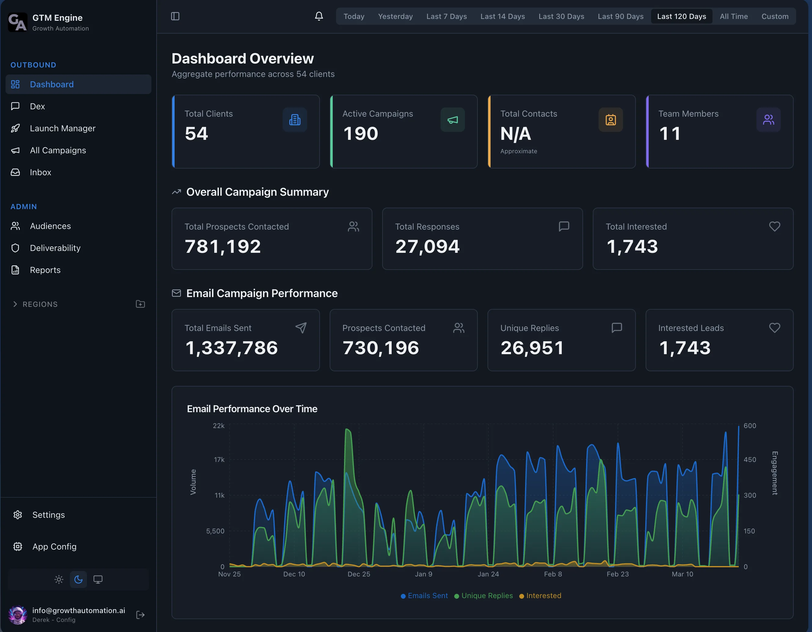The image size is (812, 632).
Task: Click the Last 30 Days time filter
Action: pyautogui.click(x=561, y=16)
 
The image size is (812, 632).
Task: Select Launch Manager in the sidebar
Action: pyautogui.click(x=63, y=128)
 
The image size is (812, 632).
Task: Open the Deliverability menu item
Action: pyautogui.click(x=55, y=248)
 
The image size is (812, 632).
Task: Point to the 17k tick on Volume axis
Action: pyautogui.click(x=219, y=459)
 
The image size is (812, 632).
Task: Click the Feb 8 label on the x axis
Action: pyautogui.click(x=553, y=574)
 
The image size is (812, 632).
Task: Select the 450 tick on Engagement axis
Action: pyautogui.click(x=749, y=459)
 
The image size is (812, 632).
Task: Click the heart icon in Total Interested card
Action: pyautogui.click(x=774, y=227)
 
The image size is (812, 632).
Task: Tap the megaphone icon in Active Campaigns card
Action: pyautogui.click(x=452, y=120)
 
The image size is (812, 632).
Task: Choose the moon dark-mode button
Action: pyautogui.click(x=78, y=579)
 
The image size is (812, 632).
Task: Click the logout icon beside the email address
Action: pyautogui.click(x=140, y=615)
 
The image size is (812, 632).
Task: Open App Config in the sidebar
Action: pyautogui.click(x=54, y=547)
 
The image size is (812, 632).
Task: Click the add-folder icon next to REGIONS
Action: pyautogui.click(x=140, y=304)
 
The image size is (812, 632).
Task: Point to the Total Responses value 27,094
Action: pyautogui.click(x=427, y=246)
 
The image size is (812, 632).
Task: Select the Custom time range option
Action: pyautogui.click(x=774, y=16)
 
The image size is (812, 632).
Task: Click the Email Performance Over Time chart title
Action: pyautogui.click(x=252, y=409)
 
